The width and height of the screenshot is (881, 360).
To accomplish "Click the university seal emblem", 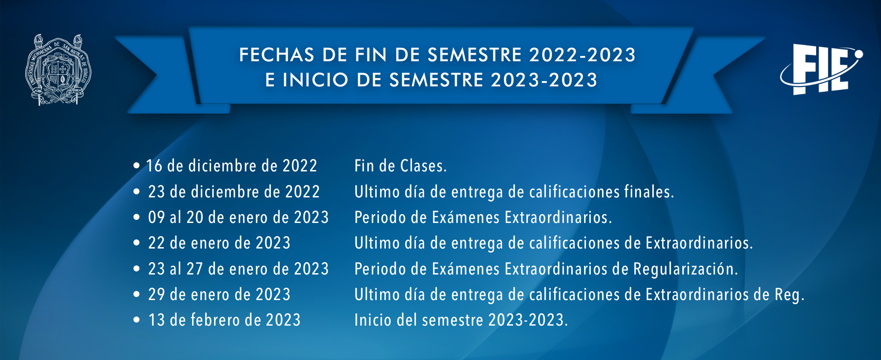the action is pyautogui.click(x=59, y=70).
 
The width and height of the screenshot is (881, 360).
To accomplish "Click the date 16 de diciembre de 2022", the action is pyautogui.click(x=232, y=166).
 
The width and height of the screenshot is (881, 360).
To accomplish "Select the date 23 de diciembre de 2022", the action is pyautogui.click(x=234, y=192).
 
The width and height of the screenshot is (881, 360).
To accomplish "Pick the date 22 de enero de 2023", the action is pyautogui.click(x=219, y=243).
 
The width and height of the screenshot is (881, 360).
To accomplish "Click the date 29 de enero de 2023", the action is pyautogui.click(x=219, y=294).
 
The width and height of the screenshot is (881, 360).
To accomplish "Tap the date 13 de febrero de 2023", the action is pyautogui.click(x=225, y=320).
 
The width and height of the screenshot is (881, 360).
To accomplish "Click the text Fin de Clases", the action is pyautogui.click(x=401, y=166).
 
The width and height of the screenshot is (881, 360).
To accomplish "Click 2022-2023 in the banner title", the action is pyautogui.click(x=582, y=55).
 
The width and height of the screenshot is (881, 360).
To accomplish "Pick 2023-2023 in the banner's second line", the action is pyautogui.click(x=544, y=80).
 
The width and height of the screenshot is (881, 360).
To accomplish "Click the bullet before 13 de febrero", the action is pyautogui.click(x=137, y=320).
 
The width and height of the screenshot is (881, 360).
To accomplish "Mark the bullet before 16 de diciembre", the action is pyautogui.click(x=137, y=166).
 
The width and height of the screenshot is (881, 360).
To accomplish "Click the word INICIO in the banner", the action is pyautogui.click(x=315, y=80).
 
